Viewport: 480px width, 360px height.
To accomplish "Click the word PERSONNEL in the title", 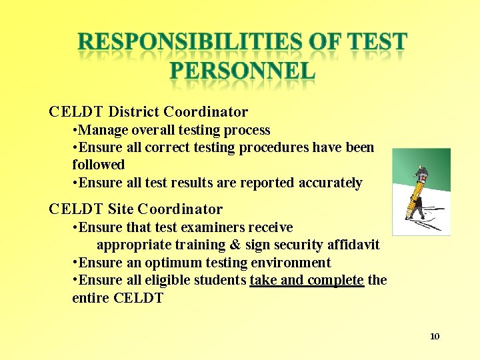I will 242,71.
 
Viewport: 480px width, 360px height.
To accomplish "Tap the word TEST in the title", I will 375,43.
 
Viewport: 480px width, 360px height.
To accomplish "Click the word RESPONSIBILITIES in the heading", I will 191,43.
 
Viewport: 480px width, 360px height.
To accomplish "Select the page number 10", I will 435,336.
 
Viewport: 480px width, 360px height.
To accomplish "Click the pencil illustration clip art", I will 421,192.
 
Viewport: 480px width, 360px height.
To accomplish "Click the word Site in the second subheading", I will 121,209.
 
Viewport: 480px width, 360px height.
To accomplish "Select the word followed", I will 98,165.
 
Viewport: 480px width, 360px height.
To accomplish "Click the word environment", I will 292,263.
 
